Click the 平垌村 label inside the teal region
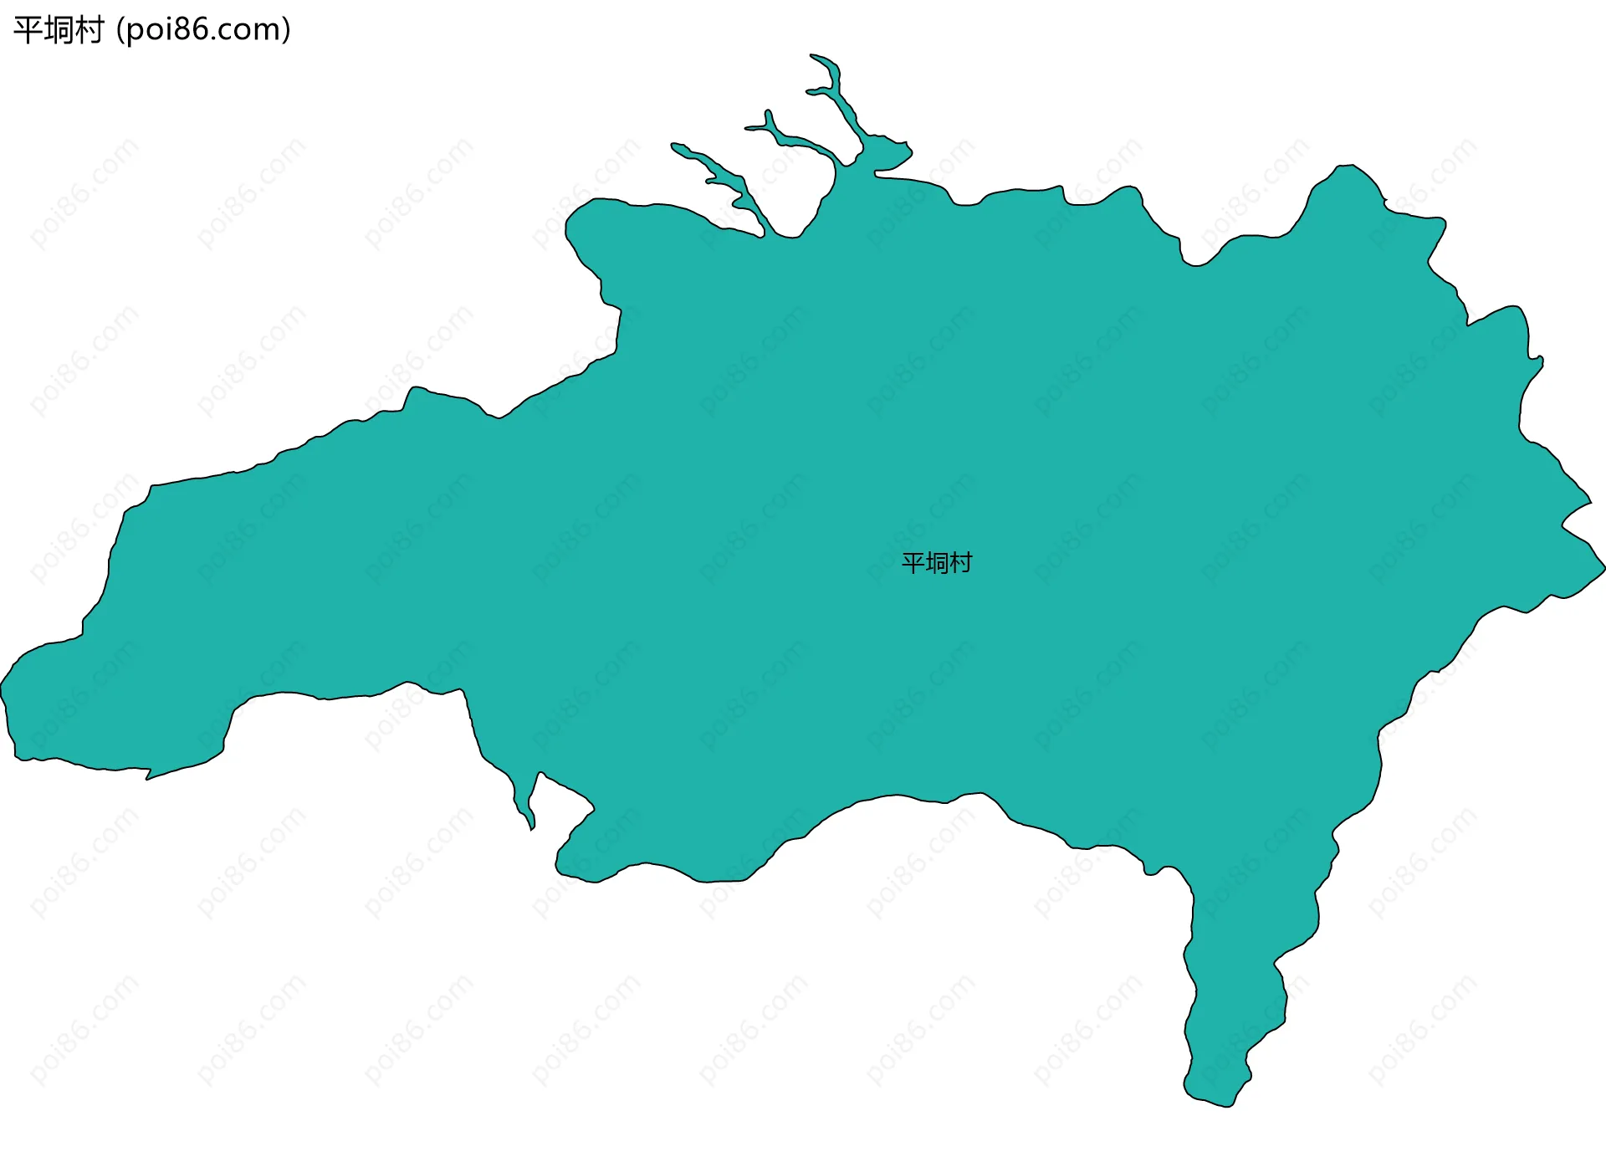(936, 563)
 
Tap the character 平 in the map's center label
(913, 563)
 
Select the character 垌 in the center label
(937, 563)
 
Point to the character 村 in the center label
(960, 563)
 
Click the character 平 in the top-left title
(28, 30)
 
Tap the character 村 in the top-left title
(89, 30)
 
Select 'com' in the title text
(254, 30)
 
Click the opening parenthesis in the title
(120, 30)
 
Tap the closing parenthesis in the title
(286, 30)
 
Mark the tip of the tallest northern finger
(812, 56)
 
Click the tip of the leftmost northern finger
(673, 145)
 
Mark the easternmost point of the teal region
(1603, 568)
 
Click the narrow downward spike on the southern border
(531, 827)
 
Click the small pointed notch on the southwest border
(148, 778)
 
